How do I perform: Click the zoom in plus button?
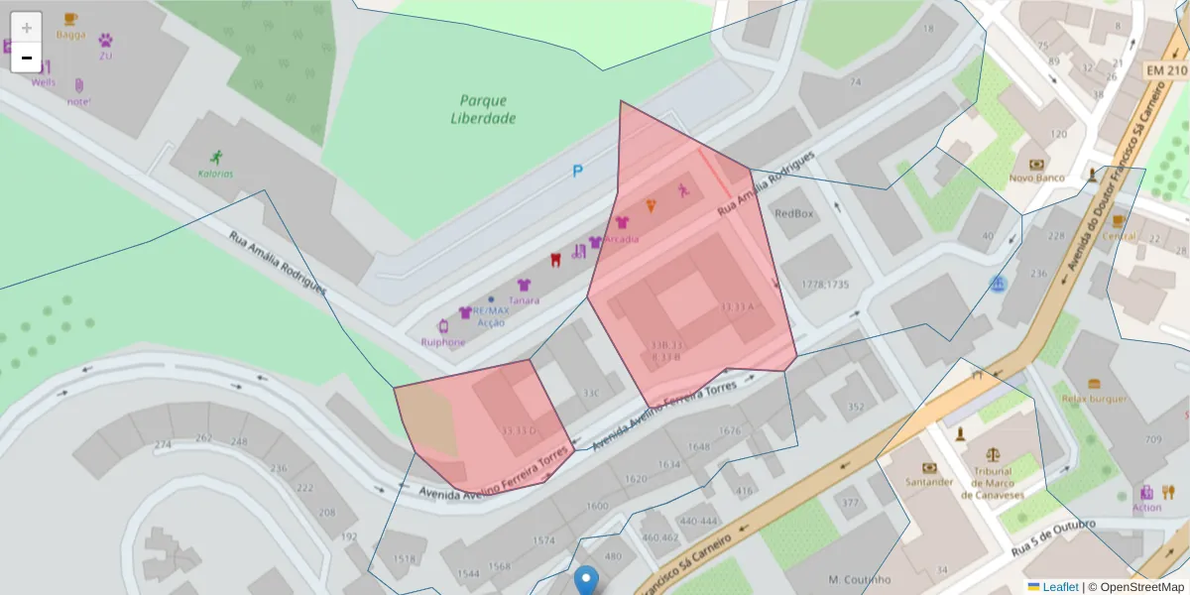pos(26,27)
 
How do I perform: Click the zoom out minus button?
pos(26,58)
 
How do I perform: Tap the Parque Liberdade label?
pos(483,109)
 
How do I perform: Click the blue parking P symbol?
pos(577,172)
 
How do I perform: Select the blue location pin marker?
pos(587,579)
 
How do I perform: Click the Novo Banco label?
pos(1036,178)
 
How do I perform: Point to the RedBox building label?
pos(793,213)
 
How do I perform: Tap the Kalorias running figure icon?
pos(216,157)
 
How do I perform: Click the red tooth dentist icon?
pos(556,260)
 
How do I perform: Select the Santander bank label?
pos(929,482)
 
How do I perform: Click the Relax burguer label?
pos(1094,399)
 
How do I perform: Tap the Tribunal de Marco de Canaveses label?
pos(992,478)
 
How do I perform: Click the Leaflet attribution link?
pos(1060,587)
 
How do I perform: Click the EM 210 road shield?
pos(1165,70)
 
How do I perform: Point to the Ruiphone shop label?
pos(442,342)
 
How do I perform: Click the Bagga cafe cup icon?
pos(70,19)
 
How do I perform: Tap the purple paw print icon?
pos(105,41)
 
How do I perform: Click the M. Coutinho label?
pos(859,579)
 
